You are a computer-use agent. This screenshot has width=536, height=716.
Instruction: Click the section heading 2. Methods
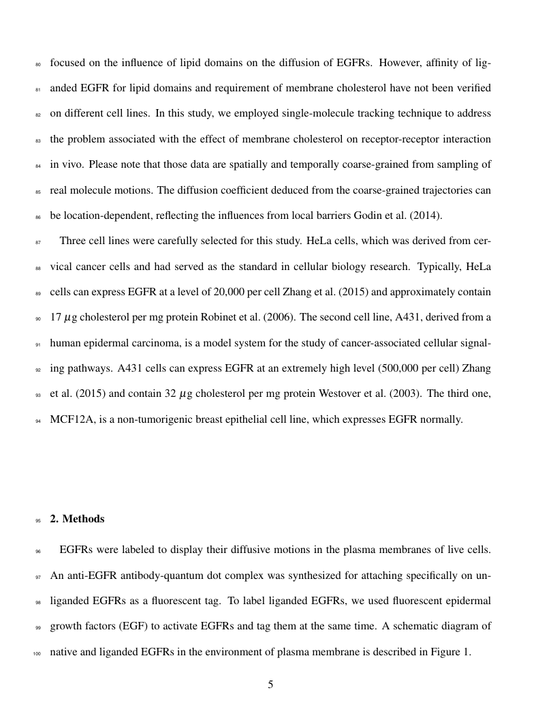pyautogui.click(x=77, y=519)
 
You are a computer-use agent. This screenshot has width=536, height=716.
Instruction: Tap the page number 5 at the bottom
pyautogui.click(x=270, y=685)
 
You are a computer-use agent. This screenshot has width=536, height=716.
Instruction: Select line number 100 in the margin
pyautogui.click(x=36, y=653)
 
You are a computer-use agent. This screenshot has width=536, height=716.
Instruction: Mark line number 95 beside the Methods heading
pyautogui.click(x=37, y=520)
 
